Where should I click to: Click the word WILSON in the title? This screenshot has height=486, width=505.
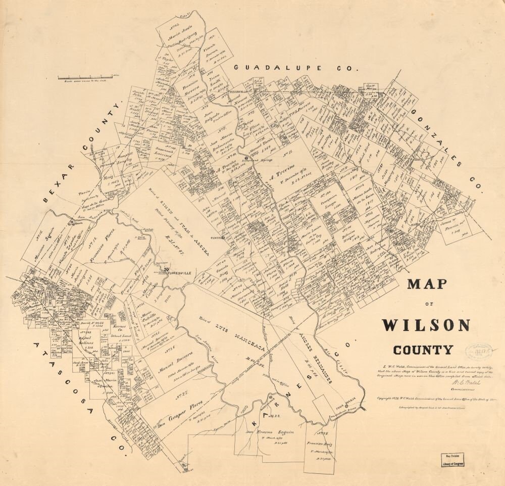coord(426,325)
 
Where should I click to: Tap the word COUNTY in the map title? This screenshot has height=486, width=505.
coord(423,349)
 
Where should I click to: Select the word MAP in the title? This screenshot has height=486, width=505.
coord(427,284)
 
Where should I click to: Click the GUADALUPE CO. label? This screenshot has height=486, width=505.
coord(295,68)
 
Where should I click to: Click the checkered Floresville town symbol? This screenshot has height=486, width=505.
coord(166,271)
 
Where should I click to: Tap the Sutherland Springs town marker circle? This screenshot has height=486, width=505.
coord(246,158)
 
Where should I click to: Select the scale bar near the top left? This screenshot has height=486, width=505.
coord(88,77)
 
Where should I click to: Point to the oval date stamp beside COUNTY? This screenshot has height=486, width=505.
coord(478,351)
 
